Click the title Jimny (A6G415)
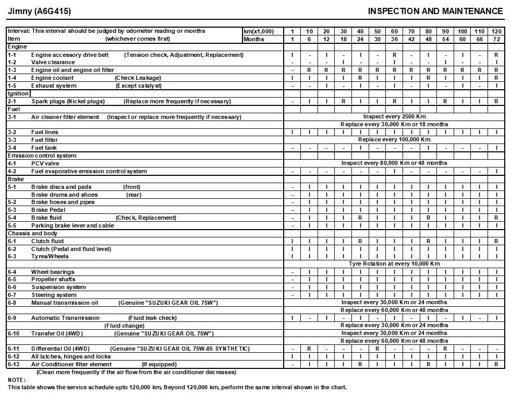(40, 11)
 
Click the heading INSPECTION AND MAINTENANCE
(435, 11)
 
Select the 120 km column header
(496, 31)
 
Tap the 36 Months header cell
(394, 39)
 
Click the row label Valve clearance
(53, 62)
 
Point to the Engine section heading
(17, 47)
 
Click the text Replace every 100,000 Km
(394, 140)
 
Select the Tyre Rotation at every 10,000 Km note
(394, 264)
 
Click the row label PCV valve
(45, 163)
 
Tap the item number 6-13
(14, 364)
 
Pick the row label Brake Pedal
(48, 210)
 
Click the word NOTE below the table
(16, 380)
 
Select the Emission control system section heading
(42, 155)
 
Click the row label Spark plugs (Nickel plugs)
(68, 101)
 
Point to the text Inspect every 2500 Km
(394, 117)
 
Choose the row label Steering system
(54, 295)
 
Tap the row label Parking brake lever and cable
(72, 225)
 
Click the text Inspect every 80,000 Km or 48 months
(394, 163)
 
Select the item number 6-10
(14, 333)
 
